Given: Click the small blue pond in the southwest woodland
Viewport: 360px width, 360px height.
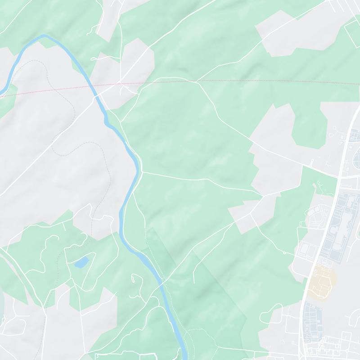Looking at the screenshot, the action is point(81,262).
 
